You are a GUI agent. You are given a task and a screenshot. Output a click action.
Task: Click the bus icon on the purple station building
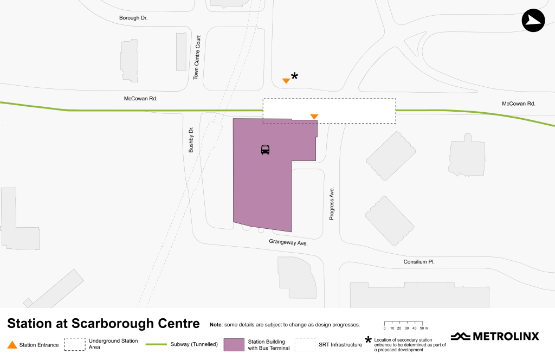[x=265, y=150]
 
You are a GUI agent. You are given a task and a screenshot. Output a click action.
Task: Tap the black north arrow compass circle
[x=533, y=21]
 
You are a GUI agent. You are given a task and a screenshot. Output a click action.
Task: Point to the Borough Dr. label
[x=133, y=18]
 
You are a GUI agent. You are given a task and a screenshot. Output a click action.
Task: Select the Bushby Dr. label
[x=191, y=139]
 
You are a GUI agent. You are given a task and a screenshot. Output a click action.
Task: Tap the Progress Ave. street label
[x=332, y=204]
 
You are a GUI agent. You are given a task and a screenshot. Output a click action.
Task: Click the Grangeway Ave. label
[x=288, y=243]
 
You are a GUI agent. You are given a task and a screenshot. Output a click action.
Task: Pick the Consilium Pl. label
[x=419, y=262]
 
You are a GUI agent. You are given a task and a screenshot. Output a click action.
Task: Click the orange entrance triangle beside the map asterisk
[x=286, y=81]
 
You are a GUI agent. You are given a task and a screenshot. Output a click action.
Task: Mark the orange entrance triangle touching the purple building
[x=314, y=117]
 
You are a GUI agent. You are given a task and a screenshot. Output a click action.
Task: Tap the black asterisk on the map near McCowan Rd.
[x=295, y=76]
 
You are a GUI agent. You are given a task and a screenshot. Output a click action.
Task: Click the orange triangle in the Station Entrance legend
[x=12, y=345]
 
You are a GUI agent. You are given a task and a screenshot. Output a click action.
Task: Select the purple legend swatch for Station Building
[x=234, y=345]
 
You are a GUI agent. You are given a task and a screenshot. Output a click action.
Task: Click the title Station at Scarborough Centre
[x=103, y=324]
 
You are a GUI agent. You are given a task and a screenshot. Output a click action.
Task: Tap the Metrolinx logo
[x=495, y=336]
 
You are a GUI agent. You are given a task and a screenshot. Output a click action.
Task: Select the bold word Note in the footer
[x=216, y=325]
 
